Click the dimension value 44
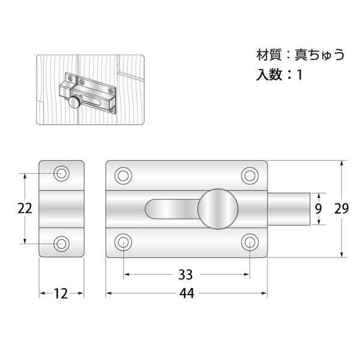click(x=187, y=293)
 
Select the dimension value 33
click(x=185, y=275)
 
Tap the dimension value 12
click(x=61, y=293)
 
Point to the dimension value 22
click(x=25, y=208)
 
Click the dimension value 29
click(x=341, y=208)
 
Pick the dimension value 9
click(x=318, y=209)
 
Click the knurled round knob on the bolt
click(x=218, y=209)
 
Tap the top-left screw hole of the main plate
click(x=123, y=176)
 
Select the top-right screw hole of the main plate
click(x=250, y=176)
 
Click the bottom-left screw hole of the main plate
click(x=123, y=242)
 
